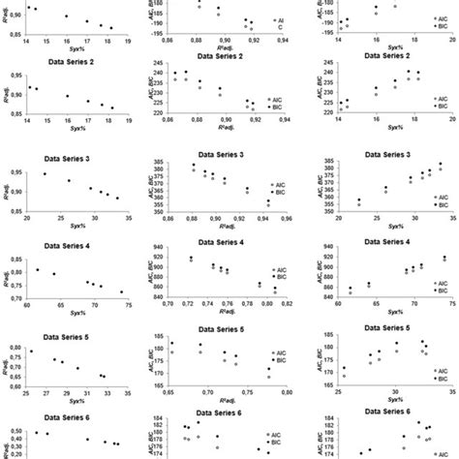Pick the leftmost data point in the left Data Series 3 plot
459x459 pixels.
(45, 174)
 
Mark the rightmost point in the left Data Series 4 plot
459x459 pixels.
(122, 291)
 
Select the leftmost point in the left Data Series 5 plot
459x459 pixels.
(31, 352)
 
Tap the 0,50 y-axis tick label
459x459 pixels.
(14, 430)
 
